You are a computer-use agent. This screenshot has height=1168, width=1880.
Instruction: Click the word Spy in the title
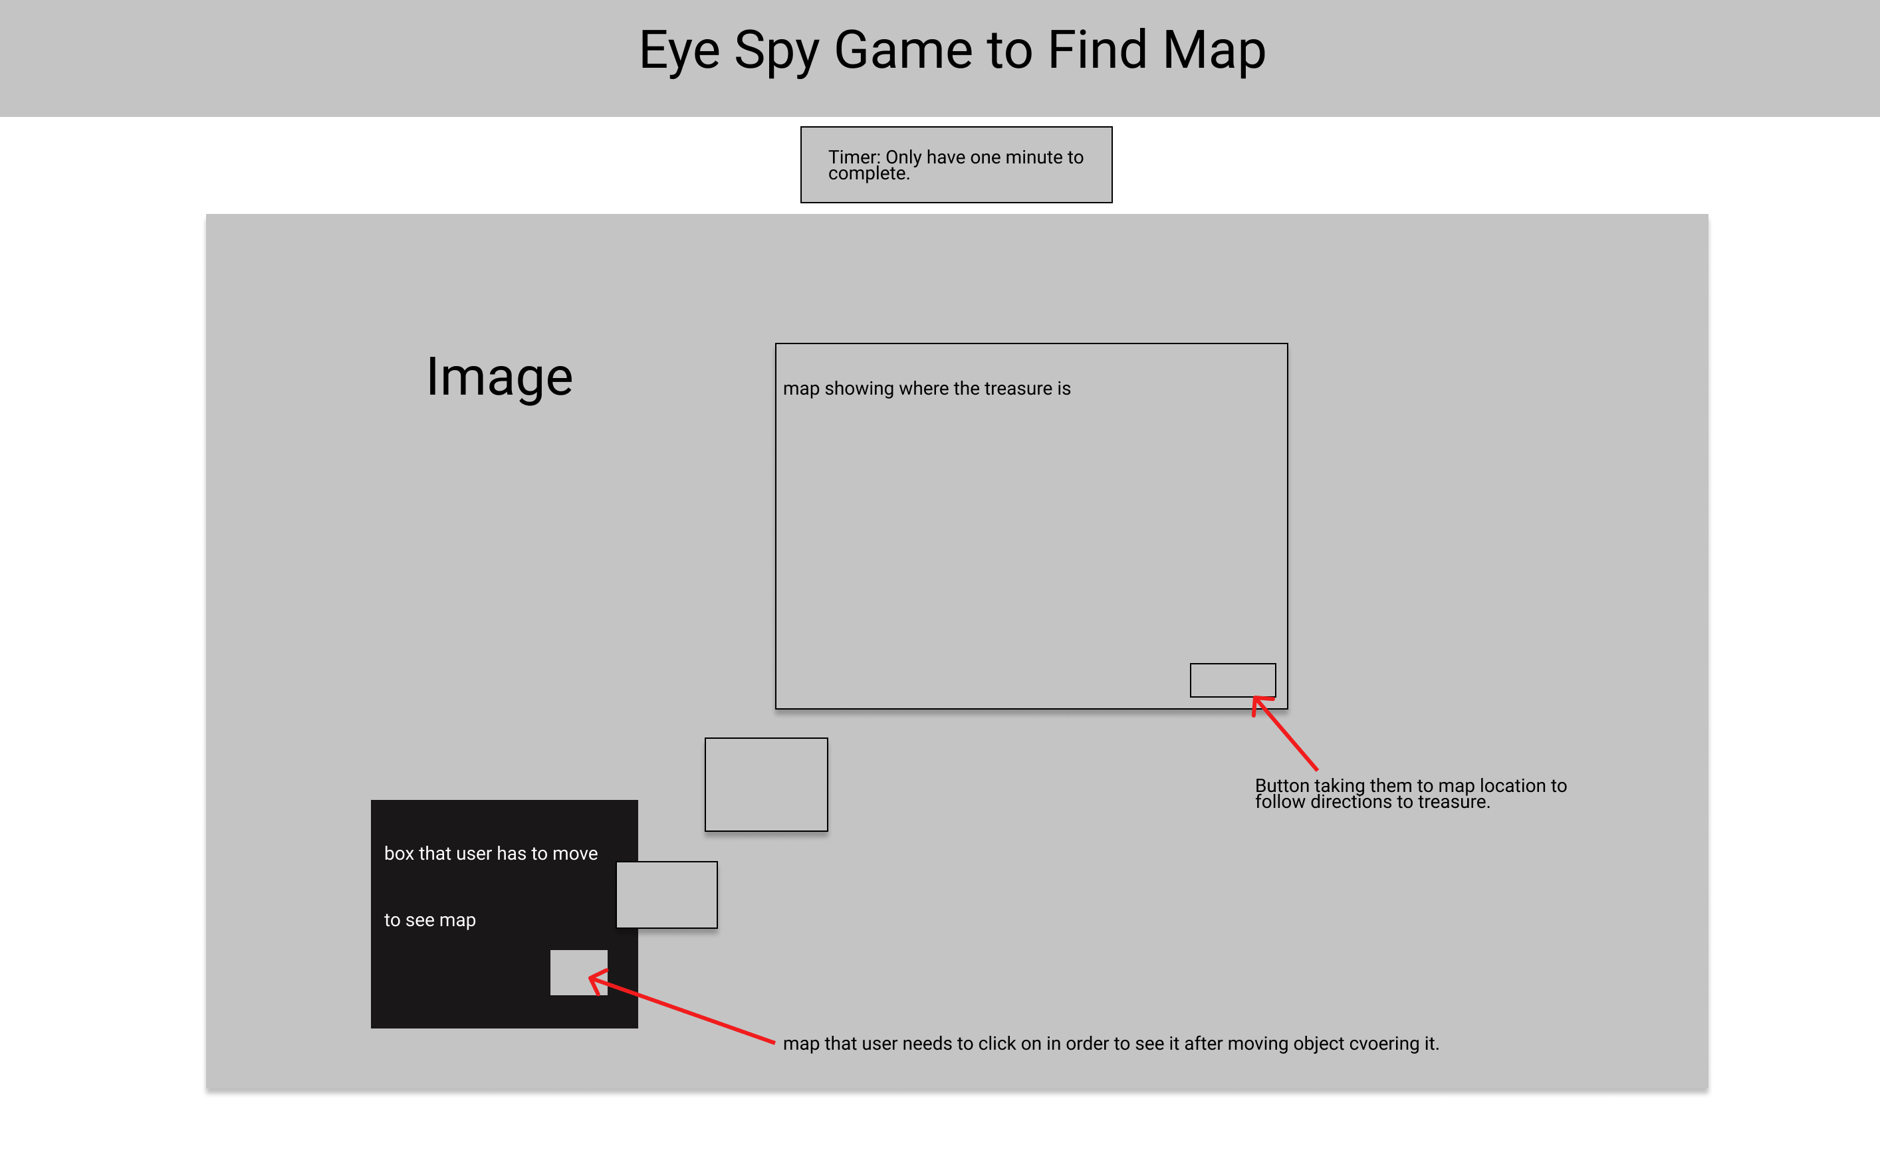(776, 51)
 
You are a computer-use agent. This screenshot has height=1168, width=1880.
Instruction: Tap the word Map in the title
(1213, 51)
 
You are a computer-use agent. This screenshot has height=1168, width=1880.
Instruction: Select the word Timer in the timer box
(852, 157)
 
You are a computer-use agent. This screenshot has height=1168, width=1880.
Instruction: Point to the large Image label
(499, 377)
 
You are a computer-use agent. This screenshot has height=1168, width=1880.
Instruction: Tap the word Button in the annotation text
(1282, 785)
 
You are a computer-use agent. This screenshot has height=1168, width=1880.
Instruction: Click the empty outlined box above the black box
(766, 784)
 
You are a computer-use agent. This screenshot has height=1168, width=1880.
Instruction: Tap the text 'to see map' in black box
(429, 920)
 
